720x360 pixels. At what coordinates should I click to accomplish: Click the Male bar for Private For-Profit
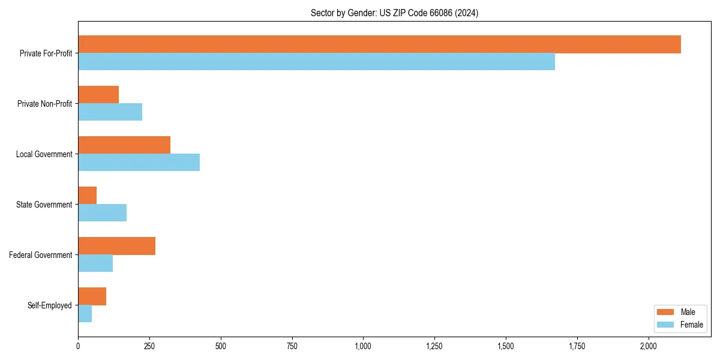pyautogui.click(x=379, y=44)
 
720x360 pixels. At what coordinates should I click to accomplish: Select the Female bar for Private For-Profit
pyautogui.click(x=316, y=62)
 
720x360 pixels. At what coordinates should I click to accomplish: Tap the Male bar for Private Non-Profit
pyautogui.click(x=98, y=95)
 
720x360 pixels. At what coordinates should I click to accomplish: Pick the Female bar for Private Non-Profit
pyautogui.click(x=110, y=112)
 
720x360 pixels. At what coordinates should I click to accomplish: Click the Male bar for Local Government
pyautogui.click(x=124, y=145)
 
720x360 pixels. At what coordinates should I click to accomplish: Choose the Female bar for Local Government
pyautogui.click(x=139, y=163)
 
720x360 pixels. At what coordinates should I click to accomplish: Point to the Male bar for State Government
pyautogui.click(x=88, y=196)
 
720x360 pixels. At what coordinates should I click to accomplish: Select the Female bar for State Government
pyautogui.click(x=102, y=213)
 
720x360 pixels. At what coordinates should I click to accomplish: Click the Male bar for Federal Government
pyautogui.click(x=116, y=246)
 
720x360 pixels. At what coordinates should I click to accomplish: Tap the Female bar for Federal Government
pyautogui.click(x=95, y=263)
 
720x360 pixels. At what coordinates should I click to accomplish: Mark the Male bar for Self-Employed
pyautogui.click(x=92, y=296)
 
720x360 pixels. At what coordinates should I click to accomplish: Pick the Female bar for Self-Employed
pyautogui.click(x=85, y=314)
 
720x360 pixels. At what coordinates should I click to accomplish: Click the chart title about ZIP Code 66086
pyautogui.click(x=394, y=13)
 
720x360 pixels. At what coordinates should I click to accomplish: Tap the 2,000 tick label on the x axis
pyautogui.click(x=649, y=346)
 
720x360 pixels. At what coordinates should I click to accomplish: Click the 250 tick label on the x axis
pyautogui.click(x=149, y=346)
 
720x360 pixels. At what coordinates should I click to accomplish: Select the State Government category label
pyautogui.click(x=44, y=205)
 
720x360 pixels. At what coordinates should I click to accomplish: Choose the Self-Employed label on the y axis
pyautogui.click(x=50, y=305)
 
